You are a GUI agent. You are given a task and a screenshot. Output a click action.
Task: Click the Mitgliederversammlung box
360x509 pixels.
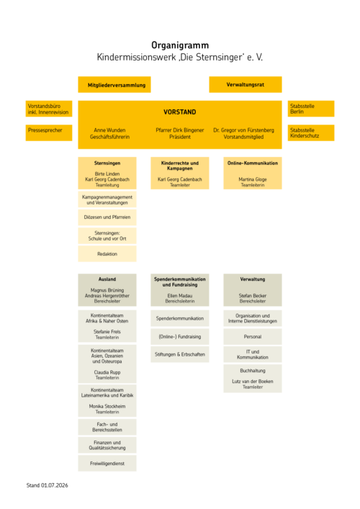pos(114,85)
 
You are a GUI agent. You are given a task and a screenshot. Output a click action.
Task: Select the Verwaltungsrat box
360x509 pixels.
pos(246,85)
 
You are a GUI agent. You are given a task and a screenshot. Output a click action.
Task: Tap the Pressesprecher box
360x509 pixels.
pos(49,132)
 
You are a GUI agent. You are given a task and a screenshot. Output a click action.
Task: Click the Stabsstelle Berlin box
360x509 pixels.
pos(311,109)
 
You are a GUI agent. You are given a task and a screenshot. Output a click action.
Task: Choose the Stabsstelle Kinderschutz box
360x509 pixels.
pos(311,132)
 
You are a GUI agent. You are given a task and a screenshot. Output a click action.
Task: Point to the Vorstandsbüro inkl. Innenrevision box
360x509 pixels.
pos(49,109)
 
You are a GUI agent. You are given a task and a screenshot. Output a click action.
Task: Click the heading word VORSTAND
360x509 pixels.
pos(180,112)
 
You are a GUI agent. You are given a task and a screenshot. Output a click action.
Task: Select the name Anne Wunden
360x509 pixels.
pos(109,130)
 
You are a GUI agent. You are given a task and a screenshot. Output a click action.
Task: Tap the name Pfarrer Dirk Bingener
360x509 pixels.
pos(180,130)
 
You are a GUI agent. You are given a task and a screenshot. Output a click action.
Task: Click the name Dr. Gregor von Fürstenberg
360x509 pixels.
pos(244,130)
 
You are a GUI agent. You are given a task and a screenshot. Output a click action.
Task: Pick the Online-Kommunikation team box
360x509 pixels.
pos(253,173)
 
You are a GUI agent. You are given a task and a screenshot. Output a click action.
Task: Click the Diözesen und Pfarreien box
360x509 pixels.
pos(107,217)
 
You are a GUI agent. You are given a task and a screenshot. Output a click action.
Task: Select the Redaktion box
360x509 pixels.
pos(107,254)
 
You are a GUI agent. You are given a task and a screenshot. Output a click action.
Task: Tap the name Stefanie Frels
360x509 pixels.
pos(107,332)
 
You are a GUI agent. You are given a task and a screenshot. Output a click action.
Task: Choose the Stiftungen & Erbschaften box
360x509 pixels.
pos(180,354)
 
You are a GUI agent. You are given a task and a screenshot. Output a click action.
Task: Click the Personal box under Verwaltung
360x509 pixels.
pos(253,337)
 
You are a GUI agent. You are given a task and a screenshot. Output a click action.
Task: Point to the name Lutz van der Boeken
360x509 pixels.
pos(253,382)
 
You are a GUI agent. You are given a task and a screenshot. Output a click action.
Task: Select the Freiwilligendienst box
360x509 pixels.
pos(107,463)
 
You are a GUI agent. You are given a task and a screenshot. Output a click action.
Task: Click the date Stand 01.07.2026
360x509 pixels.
pos(47,485)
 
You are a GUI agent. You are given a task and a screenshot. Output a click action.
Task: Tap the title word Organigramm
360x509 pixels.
pos(180,45)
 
